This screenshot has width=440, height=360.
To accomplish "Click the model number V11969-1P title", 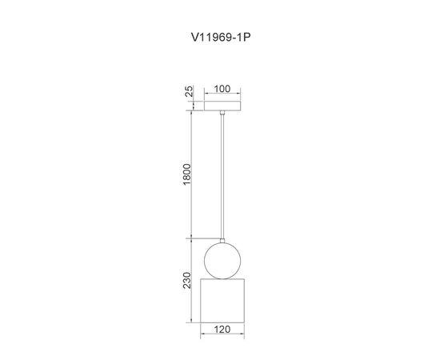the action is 221,37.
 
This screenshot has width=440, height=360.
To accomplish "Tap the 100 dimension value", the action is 222,89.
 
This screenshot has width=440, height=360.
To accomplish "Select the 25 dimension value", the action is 190,91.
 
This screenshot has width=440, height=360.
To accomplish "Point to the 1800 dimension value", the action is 186,174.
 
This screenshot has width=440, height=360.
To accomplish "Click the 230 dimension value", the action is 186,280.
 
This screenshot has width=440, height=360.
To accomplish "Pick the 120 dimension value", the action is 222,329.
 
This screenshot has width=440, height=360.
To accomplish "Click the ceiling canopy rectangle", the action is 222,106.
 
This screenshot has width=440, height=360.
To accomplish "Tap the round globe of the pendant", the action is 222,261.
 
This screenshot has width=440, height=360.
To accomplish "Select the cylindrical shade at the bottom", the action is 222,301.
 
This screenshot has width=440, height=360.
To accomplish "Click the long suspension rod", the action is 222,176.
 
